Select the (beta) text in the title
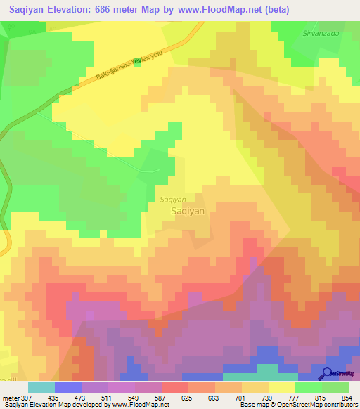point(271,10)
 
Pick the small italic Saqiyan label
point(173,199)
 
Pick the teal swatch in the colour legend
point(41,387)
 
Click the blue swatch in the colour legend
point(68,387)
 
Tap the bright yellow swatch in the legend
point(282,387)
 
